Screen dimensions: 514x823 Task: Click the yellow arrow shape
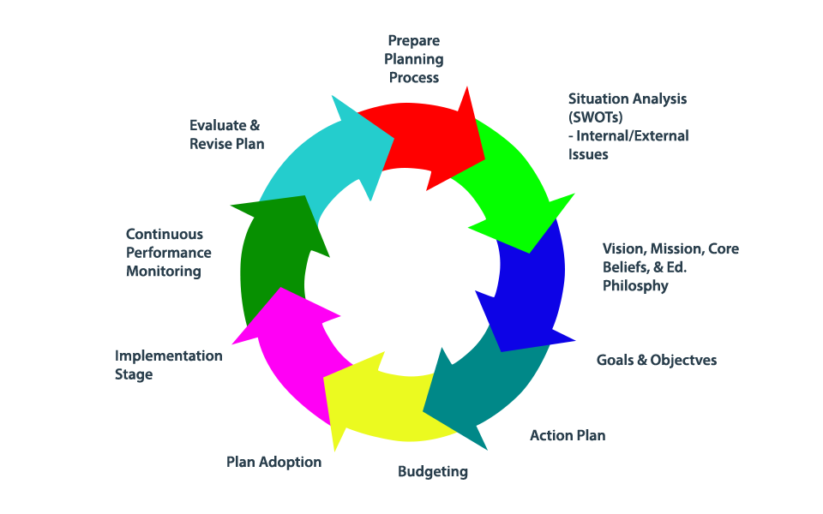(x=377, y=403)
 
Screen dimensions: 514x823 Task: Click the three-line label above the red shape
(x=414, y=58)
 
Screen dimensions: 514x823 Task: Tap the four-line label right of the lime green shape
(x=627, y=126)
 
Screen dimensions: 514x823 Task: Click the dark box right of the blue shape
(x=665, y=270)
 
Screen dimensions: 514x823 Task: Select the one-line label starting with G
(x=656, y=361)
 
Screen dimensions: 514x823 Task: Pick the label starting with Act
(x=567, y=435)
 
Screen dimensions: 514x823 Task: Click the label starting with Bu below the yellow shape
(x=432, y=471)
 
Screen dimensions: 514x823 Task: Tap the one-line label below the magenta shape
(x=273, y=462)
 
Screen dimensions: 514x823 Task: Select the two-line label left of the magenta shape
(x=168, y=365)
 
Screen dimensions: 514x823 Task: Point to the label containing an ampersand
(x=226, y=134)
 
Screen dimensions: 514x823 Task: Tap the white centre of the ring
(x=403, y=266)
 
